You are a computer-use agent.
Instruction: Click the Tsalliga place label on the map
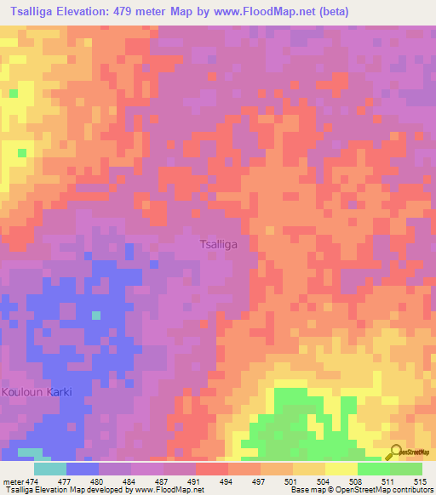coord(218,243)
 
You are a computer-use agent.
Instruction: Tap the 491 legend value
coord(194,481)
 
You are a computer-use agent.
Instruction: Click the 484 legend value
coord(129,481)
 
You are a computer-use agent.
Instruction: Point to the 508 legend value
coord(356,481)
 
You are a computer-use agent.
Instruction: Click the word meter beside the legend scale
coord(12,481)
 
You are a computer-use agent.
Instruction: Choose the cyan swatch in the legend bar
coord(50,469)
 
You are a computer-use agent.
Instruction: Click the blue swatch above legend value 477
coord(83,469)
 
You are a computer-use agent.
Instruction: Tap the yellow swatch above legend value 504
coord(309,469)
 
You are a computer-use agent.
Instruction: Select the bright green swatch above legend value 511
coord(374,469)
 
